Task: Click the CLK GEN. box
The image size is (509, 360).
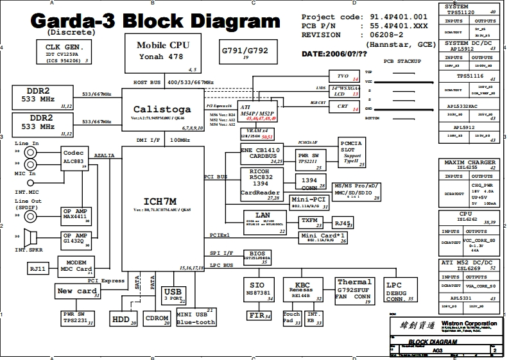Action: [65, 52]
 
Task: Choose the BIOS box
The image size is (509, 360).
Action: [257, 257]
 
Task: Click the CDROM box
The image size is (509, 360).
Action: [157, 319]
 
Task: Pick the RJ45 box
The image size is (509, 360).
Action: [342, 224]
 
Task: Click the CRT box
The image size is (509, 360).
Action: [343, 107]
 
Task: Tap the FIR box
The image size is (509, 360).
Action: [259, 315]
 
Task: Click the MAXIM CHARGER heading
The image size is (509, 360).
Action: [470, 162]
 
